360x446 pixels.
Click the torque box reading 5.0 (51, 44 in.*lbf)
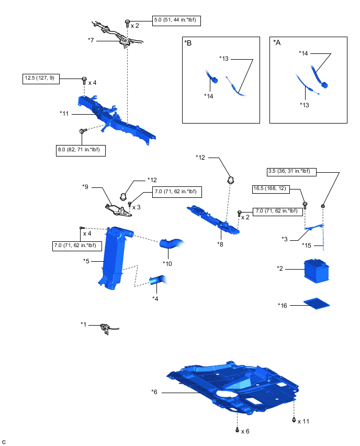(177, 21)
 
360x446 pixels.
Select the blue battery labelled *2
(317, 271)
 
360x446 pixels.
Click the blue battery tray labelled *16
(316, 303)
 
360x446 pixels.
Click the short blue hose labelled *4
(157, 281)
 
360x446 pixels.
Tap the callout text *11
(64, 113)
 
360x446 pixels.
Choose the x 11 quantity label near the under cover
(303, 421)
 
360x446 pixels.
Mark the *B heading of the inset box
(188, 44)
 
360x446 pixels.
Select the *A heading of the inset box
(277, 44)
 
